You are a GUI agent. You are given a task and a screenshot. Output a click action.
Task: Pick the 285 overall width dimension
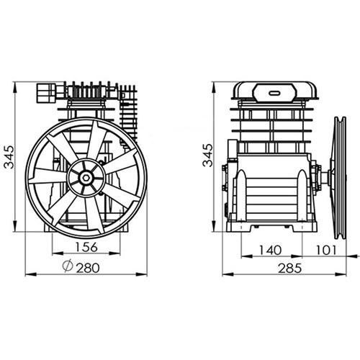[x=288, y=266]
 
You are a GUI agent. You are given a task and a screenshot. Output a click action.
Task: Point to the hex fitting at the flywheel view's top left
[x=45, y=92]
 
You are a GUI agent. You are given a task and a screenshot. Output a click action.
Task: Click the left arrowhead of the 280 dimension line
[x=28, y=274]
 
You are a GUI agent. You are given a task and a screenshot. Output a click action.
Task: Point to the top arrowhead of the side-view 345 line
[x=215, y=85]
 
